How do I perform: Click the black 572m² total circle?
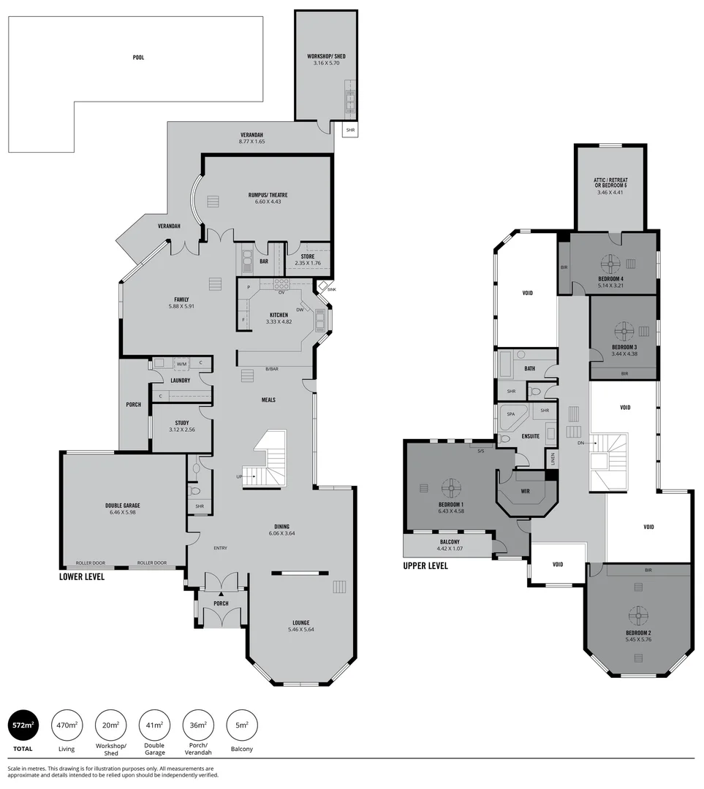point(21,725)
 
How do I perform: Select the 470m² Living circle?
point(66,725)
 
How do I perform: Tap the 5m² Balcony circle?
point(242,725)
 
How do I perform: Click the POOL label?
point(138,57)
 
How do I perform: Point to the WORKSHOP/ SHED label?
point(326,56)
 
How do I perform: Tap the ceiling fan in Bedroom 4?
point(611,262)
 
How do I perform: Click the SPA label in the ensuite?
point(510,413)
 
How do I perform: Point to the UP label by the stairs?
point(239,476)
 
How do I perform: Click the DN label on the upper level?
point(580,443)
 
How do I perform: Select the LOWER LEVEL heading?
point(82,576)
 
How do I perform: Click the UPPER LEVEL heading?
point(425,565)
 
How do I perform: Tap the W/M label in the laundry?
point(181,363)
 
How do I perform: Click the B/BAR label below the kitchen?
point(271,369)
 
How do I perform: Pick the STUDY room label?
point(182,422)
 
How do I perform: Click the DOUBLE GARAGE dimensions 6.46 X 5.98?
point(121,512)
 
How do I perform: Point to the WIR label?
point(525,491)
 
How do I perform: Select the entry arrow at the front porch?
point(221,595)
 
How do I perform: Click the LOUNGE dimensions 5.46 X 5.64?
point(300,629)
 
